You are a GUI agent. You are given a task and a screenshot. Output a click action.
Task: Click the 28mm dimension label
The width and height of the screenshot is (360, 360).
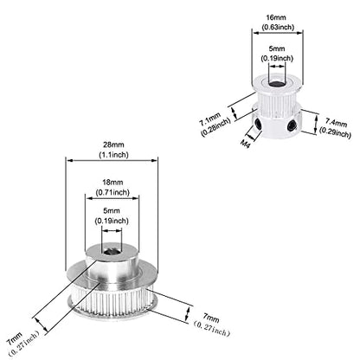coord(112,145)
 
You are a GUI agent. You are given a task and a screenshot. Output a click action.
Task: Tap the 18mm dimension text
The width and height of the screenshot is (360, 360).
coord(112,182)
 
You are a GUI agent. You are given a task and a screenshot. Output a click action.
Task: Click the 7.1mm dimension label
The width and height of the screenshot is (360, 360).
coord(210,119)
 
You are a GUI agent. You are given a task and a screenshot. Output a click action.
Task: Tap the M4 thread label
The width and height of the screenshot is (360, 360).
coord(245,144)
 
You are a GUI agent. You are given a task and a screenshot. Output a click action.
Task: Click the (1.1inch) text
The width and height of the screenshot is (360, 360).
coord(112,155)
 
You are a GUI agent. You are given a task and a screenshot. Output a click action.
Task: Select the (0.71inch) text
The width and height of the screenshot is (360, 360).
coord(112,192)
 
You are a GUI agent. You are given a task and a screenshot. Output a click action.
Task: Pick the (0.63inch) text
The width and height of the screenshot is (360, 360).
coord(278,27)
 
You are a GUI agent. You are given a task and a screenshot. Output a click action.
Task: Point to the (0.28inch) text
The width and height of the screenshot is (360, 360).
coord(215,127)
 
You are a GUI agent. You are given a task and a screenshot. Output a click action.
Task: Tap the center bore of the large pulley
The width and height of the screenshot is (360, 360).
coord(111,252)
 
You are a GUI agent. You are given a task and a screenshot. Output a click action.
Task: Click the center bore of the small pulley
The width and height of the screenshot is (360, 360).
coord(275,84)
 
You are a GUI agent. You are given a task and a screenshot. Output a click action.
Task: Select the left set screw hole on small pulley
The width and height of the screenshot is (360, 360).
coord(258,125)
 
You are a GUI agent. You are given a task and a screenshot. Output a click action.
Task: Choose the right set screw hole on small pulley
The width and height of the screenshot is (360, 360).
coord(292,125)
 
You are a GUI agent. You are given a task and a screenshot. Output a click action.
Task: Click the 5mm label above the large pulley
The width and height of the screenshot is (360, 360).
coord(112,210)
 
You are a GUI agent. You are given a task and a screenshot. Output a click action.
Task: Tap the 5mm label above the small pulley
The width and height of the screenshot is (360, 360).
coord(277,48)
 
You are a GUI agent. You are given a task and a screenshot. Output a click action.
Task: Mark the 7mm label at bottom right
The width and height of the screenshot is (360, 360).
coord(211,318)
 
